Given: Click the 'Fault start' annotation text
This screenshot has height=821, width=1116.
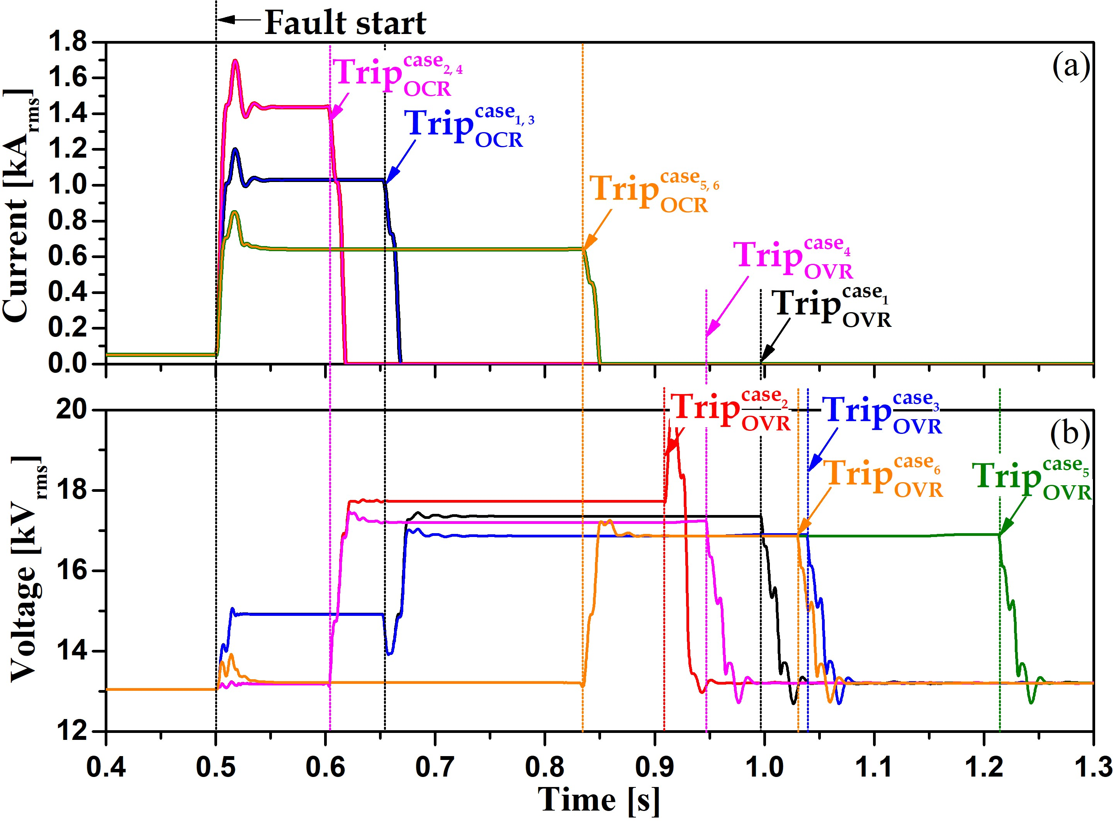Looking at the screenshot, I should tap(345, 23).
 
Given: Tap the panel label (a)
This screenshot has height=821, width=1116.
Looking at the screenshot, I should tap(1071, 66).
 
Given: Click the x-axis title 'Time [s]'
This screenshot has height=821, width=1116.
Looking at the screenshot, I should tap(599, 800).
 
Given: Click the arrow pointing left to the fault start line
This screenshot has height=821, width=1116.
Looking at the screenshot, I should tap(238, 20).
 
